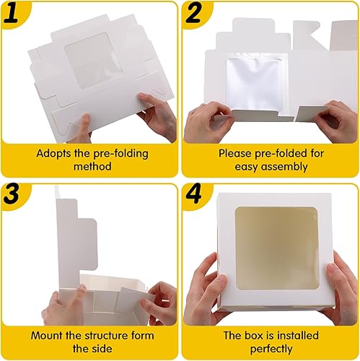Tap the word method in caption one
(x=89, y=168)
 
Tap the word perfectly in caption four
(x=271, y=349)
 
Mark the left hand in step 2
(x=206, y=119)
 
